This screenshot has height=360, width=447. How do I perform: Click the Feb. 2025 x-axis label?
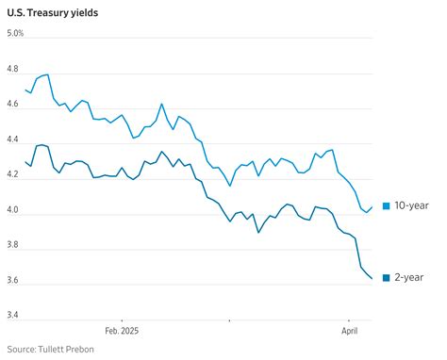[122, 332]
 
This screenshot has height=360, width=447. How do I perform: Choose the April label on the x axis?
[351, 332]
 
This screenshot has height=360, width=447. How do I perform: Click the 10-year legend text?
[414, 206]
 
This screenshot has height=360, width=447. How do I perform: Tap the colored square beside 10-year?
[387, 206]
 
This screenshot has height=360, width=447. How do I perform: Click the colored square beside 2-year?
[387, 278]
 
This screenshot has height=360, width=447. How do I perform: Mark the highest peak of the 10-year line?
[47, 74]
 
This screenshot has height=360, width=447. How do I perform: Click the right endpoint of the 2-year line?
[372, 278]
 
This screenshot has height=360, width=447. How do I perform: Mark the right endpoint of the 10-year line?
[372, 207]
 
